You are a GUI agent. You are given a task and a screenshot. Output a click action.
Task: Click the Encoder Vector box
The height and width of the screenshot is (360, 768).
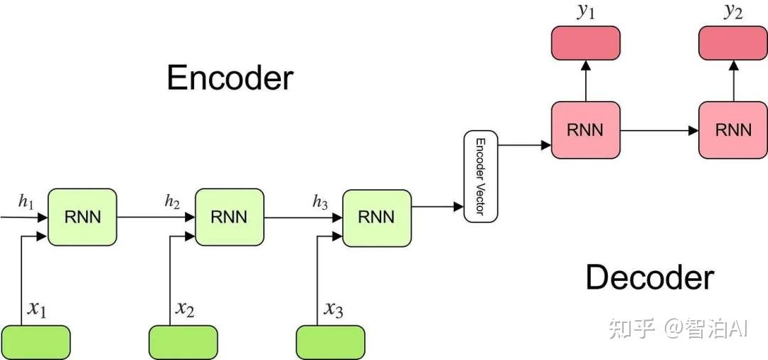(481, 176)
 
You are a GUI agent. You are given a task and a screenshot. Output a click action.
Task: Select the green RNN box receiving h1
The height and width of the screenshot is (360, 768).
(82, 217)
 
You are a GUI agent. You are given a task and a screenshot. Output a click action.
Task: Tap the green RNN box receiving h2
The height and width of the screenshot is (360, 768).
(230, 217)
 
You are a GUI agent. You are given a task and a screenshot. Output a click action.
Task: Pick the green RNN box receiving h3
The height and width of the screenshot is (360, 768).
(377, 217)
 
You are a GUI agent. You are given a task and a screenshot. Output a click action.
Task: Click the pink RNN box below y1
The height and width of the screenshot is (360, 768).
(586, 129)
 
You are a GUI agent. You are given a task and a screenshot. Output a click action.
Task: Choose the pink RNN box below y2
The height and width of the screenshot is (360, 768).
(733, 129)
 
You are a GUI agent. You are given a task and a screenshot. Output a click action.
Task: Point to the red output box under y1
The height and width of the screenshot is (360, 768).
(586, 43)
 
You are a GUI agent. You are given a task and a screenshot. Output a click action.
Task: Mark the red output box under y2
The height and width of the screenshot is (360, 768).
(733, 43)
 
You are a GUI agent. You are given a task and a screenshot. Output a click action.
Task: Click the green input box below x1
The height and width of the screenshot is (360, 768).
(36, 342)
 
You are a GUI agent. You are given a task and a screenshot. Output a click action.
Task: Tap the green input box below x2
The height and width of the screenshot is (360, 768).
(183, 342)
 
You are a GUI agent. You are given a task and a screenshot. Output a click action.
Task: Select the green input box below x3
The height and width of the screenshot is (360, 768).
(331, 342)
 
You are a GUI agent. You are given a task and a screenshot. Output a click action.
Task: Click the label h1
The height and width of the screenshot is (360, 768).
(26, 202)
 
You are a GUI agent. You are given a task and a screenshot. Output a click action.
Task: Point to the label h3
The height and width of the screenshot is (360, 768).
(320, 202)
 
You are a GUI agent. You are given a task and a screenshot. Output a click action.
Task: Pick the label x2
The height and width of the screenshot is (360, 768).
(185, 309)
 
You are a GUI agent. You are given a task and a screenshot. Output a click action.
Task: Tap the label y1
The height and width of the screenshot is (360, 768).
(585, 12)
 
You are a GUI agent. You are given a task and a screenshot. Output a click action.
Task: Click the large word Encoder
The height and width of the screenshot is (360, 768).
(230, 78)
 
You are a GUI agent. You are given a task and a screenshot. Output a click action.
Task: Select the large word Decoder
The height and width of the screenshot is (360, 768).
(649, 277)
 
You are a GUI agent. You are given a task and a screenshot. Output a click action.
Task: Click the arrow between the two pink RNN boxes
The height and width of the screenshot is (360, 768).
(659, 130)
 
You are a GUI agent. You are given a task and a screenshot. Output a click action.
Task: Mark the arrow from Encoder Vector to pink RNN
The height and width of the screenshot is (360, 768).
(525, 145)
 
